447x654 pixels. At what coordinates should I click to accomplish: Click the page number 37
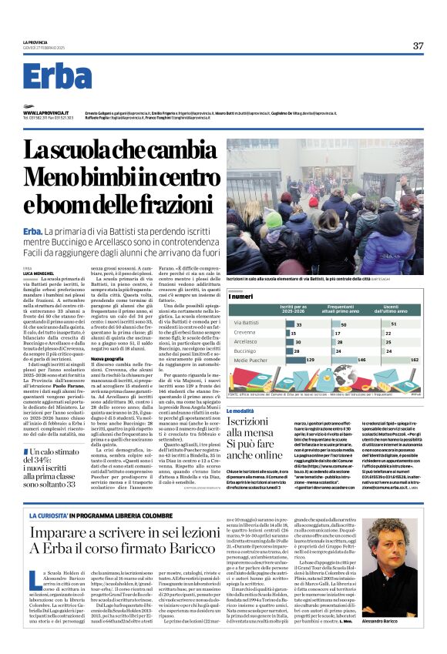tap(417, 45)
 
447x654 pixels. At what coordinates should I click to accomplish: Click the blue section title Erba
tap(57, 75)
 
